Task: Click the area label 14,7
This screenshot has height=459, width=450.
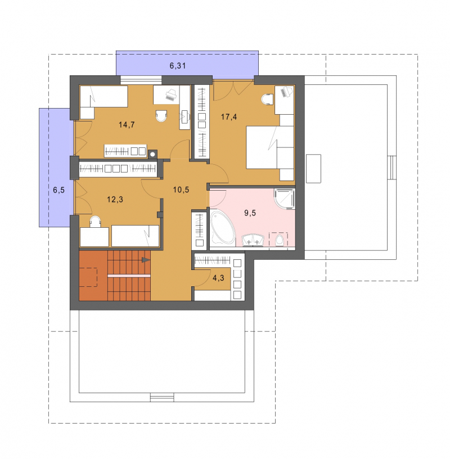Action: pyautogui.click(x=127, y=125)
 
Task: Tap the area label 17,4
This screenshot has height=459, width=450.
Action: pyautogui.click(x=229, y=117)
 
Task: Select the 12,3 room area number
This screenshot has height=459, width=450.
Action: pyautogui.click(x=115, y=200)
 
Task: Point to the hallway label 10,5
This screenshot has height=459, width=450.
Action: pyautogui.click(x=181, y=190)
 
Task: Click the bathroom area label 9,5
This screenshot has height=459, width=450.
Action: pyautogui.click(x=250, y=213)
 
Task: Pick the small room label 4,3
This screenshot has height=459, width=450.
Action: pyautogui.click(x=218, y=278)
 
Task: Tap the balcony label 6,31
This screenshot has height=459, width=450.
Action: pyautogui.click(x=177, y=66)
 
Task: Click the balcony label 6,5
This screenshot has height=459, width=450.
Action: pyautogui.click(x=58, y=190)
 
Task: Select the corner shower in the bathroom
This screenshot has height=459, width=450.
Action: pyautogui.click(x=284, y=199)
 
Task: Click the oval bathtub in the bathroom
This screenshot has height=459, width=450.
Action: pyautogui.click(x=223, y=228)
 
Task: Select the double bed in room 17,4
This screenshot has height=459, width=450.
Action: pyautogui.click(x=270, y=147)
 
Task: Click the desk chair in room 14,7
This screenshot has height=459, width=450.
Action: pyautogui.click(x=161, y=116)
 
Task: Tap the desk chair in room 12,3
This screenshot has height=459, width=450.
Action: pyautogui.click(x=95, y=222)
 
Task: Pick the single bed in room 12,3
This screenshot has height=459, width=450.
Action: pyautogui.click(x=135, y=236)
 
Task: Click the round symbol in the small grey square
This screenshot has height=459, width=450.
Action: pyautogui.click(x=152, y=154)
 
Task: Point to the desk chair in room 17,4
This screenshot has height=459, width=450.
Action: pyautogui.click(x=268, y=100)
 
